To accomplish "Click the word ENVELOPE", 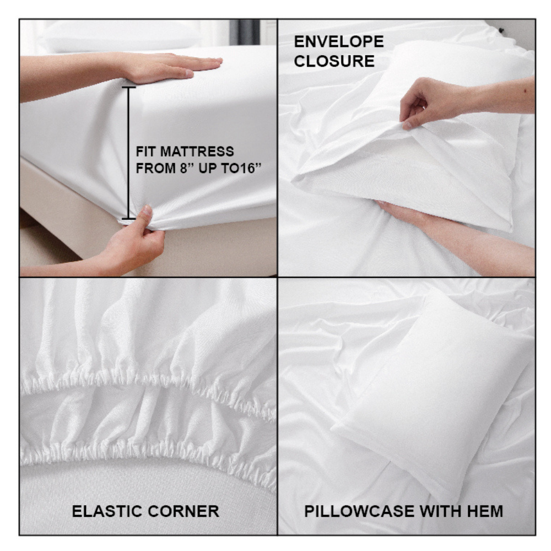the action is click(339, 42).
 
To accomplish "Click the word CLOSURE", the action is click(334, 61).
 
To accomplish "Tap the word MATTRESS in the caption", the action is click(197, 152).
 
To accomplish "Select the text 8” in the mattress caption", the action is click(188, 168).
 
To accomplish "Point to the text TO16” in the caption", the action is click(241, 168).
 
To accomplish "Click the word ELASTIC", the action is click(106, 511).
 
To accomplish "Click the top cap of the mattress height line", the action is click(129, 87).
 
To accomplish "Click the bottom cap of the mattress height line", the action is click(129, 219).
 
